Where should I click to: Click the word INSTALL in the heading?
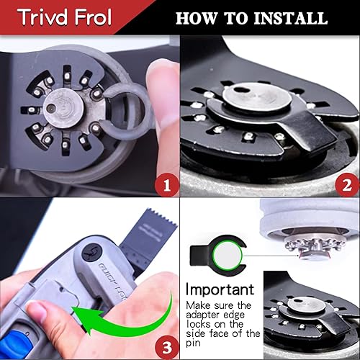(x=289, y=18)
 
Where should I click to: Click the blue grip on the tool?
(x=18, y=338)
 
